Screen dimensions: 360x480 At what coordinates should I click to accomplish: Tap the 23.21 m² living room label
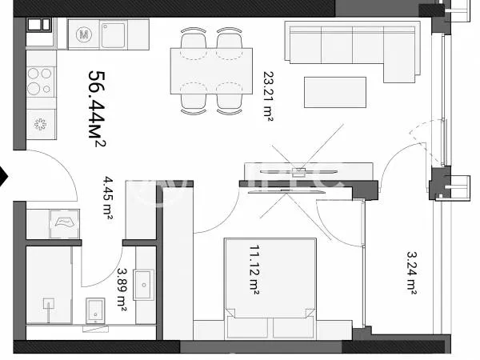(269, 95)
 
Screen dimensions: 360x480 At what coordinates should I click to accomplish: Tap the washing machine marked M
(83, 34)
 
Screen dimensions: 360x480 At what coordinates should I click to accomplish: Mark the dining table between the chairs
(211, 72)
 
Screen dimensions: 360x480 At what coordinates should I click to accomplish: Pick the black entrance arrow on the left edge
(5, 175)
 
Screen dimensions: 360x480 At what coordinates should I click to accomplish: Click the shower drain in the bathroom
(48, 304)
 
